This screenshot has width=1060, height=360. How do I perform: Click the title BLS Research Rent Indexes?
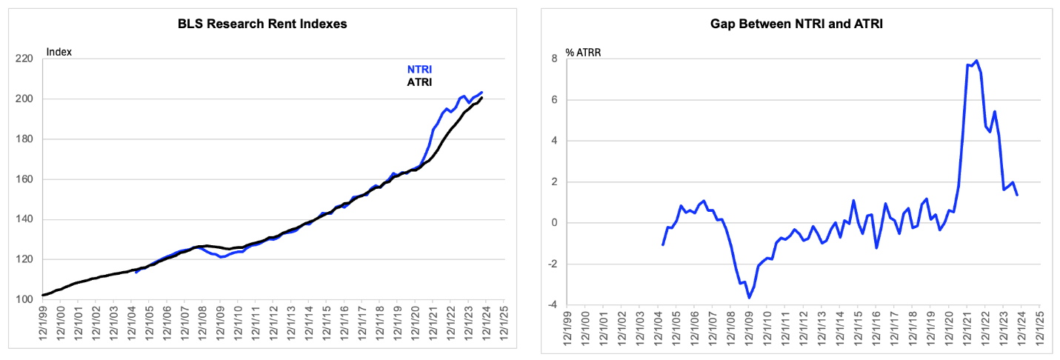(x=262, y=24)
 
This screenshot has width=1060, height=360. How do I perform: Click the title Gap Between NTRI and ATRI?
(x=796, y=24)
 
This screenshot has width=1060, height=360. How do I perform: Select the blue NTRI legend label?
(x=419, y=70)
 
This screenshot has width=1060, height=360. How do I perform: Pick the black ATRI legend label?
(x=419, y=82)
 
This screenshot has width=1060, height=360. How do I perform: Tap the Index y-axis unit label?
(x=59, y=52)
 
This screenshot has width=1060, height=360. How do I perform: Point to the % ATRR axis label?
(x=583, y=53)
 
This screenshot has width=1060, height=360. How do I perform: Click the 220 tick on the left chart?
(x=24, y=59)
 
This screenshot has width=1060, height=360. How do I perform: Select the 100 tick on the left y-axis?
(x=24, y=299)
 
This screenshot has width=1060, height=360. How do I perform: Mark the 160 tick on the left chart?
(x=24, y=179)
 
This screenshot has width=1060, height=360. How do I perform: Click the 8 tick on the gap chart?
(x=555, y=59)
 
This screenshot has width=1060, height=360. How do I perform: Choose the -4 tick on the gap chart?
(x=553, y=304)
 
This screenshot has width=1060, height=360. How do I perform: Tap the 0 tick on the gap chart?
(x=555, y=223)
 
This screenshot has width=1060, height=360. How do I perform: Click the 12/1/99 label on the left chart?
(x=42, y=324)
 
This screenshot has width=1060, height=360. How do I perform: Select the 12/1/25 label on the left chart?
(x=504, y=324)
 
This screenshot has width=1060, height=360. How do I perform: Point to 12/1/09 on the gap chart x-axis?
(x=749, y=329)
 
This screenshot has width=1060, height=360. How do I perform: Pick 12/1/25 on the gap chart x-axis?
(x=1040, y=329)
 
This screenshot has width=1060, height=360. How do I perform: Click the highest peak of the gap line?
(x=977, y=61)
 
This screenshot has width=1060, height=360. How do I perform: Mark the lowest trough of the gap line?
(x=749, y=298)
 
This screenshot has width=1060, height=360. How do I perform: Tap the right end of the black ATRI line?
(x=481, y=98)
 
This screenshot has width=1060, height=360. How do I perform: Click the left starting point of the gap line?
(x=662, y=244)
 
